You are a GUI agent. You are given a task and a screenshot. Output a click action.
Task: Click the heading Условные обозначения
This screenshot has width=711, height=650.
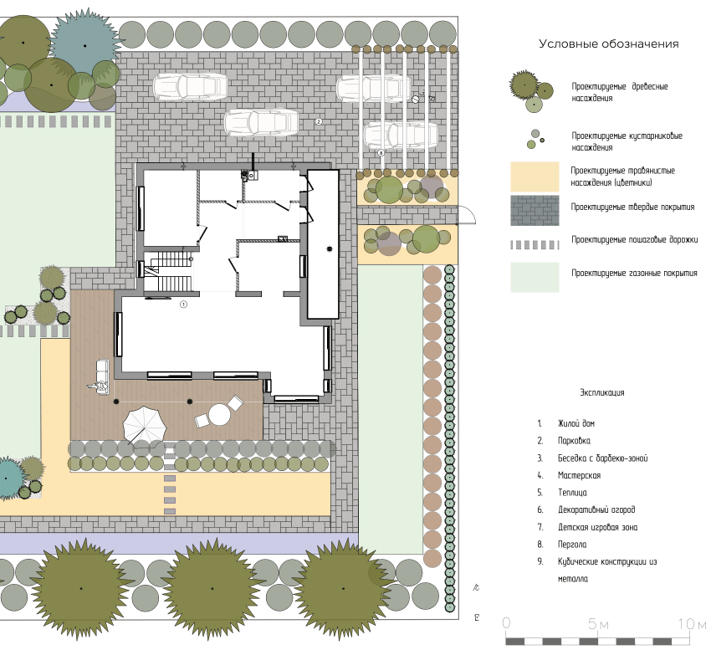click(608, 44)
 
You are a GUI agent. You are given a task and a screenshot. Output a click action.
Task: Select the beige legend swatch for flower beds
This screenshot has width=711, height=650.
click(535, 177)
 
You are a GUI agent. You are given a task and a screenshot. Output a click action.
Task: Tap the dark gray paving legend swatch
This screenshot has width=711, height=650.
click(535, 211)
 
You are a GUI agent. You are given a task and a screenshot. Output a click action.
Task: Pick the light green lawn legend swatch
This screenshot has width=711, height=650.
click(535, 277)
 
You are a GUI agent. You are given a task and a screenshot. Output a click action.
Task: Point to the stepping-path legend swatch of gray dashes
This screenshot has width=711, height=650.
click(535, 245)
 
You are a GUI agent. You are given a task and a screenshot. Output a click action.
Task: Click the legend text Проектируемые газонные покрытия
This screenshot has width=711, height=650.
click(634, 273)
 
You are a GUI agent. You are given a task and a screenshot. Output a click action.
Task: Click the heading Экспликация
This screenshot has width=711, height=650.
click(602, 393)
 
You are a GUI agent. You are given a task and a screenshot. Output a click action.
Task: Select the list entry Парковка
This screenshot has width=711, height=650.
click(574, 441)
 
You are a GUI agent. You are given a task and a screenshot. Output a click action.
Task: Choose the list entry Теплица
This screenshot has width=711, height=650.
click(572, 493)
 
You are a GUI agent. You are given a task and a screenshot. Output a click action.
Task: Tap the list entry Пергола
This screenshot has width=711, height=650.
click(572, 545)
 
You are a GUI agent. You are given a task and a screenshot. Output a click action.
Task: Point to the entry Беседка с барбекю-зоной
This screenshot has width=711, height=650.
click(602, 458)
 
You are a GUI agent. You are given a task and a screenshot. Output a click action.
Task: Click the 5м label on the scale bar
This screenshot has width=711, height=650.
click(598, 624)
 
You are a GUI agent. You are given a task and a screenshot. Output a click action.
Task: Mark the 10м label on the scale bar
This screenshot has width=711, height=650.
click(692, 624)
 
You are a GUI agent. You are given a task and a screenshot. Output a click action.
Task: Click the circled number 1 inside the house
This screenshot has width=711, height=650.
click(184, 305)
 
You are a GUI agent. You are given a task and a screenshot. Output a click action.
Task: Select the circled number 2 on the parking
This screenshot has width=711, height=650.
click(319, 121)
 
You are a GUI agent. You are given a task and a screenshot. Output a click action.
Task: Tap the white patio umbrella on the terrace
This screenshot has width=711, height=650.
click(144, 425)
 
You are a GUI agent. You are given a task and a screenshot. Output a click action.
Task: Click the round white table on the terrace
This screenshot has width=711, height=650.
click(219, 415)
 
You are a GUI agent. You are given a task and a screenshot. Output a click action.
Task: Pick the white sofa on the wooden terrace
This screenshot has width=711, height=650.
click(103, 376)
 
